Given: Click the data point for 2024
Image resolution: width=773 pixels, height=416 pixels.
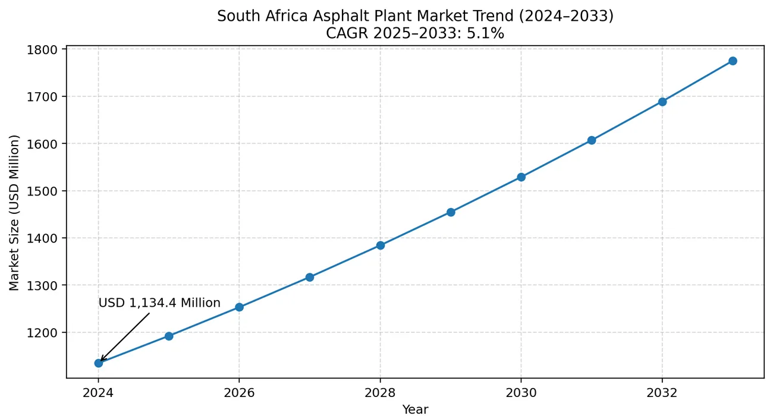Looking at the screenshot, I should click(99, 363).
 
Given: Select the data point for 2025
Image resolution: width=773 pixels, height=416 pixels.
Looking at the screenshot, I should click(169, 336).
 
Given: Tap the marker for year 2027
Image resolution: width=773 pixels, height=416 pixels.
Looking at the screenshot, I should click(310, 278).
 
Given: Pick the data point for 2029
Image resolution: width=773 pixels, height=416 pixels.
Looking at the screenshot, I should click(451, 212).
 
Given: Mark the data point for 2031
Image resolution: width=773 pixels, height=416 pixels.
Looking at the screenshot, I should click(592, 140).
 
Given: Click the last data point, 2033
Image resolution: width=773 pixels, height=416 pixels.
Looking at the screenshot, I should click(733, 61).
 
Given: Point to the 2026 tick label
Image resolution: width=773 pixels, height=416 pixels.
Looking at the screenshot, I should click(239, 393).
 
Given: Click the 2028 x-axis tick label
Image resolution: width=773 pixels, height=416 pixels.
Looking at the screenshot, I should click(380, 393).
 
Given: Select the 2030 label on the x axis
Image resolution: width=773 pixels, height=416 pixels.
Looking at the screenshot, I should click(521, 393).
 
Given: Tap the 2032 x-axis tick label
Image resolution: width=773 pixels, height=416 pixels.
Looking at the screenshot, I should click(662, 393).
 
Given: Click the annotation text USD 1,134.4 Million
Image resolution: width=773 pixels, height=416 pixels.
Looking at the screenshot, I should click(159, 303).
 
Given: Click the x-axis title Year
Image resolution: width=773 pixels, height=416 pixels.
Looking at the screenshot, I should click(415, 409).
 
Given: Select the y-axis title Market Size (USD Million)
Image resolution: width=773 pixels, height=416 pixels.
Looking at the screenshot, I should click(14, 213).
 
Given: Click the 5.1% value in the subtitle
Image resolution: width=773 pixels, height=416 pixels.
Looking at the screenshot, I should click(488, 34).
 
